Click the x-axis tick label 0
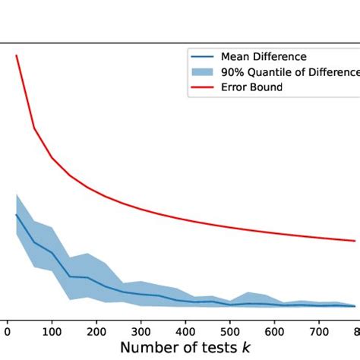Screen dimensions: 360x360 pyautogui.click(x=8, y=331)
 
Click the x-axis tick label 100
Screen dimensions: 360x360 pyautogui.click(x=52, y=331)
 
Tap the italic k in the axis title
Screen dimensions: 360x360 pyautogui.click(x=248, y=349)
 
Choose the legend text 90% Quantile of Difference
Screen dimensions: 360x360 pyautogui.click(x=289, y=72)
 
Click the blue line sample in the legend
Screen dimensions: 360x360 pyautogui.click(x=203, y=57)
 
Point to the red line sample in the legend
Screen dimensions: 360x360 pyautogui.click(x=203, y=87)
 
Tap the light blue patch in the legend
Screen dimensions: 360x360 pyautogui.click(x=203, y=72)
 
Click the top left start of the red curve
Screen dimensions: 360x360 pyautogui.click(x=17, y=55)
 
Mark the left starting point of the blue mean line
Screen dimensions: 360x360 pyautogui.click(x=17, y=214)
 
